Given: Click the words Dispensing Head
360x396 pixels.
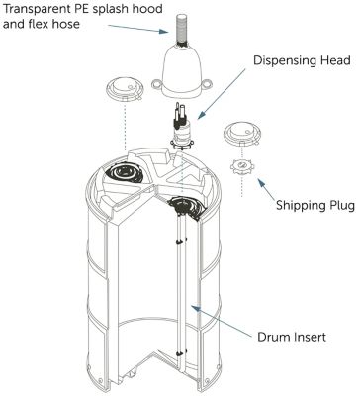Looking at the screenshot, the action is pos(302,61).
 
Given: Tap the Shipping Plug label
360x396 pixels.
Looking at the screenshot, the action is pos(315,205).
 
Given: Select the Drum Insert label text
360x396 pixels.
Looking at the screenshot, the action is pos(292,337).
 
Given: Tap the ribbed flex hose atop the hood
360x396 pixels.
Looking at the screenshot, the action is pos(181,29).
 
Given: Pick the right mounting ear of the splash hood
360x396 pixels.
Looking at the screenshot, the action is pos(207,84).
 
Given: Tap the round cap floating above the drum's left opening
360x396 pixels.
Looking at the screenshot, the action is pos(125,89).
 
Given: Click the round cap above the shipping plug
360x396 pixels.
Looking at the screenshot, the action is pos(242,134).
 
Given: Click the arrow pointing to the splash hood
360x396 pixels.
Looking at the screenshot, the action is pos(138,29).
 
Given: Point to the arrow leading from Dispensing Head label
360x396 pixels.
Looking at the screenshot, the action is pos(222,93).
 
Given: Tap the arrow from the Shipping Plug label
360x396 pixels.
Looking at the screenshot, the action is pos(267,190).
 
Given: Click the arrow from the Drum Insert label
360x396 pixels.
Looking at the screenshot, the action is pos(222,320).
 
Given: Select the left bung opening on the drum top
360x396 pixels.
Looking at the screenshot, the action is pos(125,172).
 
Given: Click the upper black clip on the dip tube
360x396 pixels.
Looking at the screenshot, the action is pos(180,241).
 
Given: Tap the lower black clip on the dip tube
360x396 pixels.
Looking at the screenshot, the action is pos(180,353).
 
